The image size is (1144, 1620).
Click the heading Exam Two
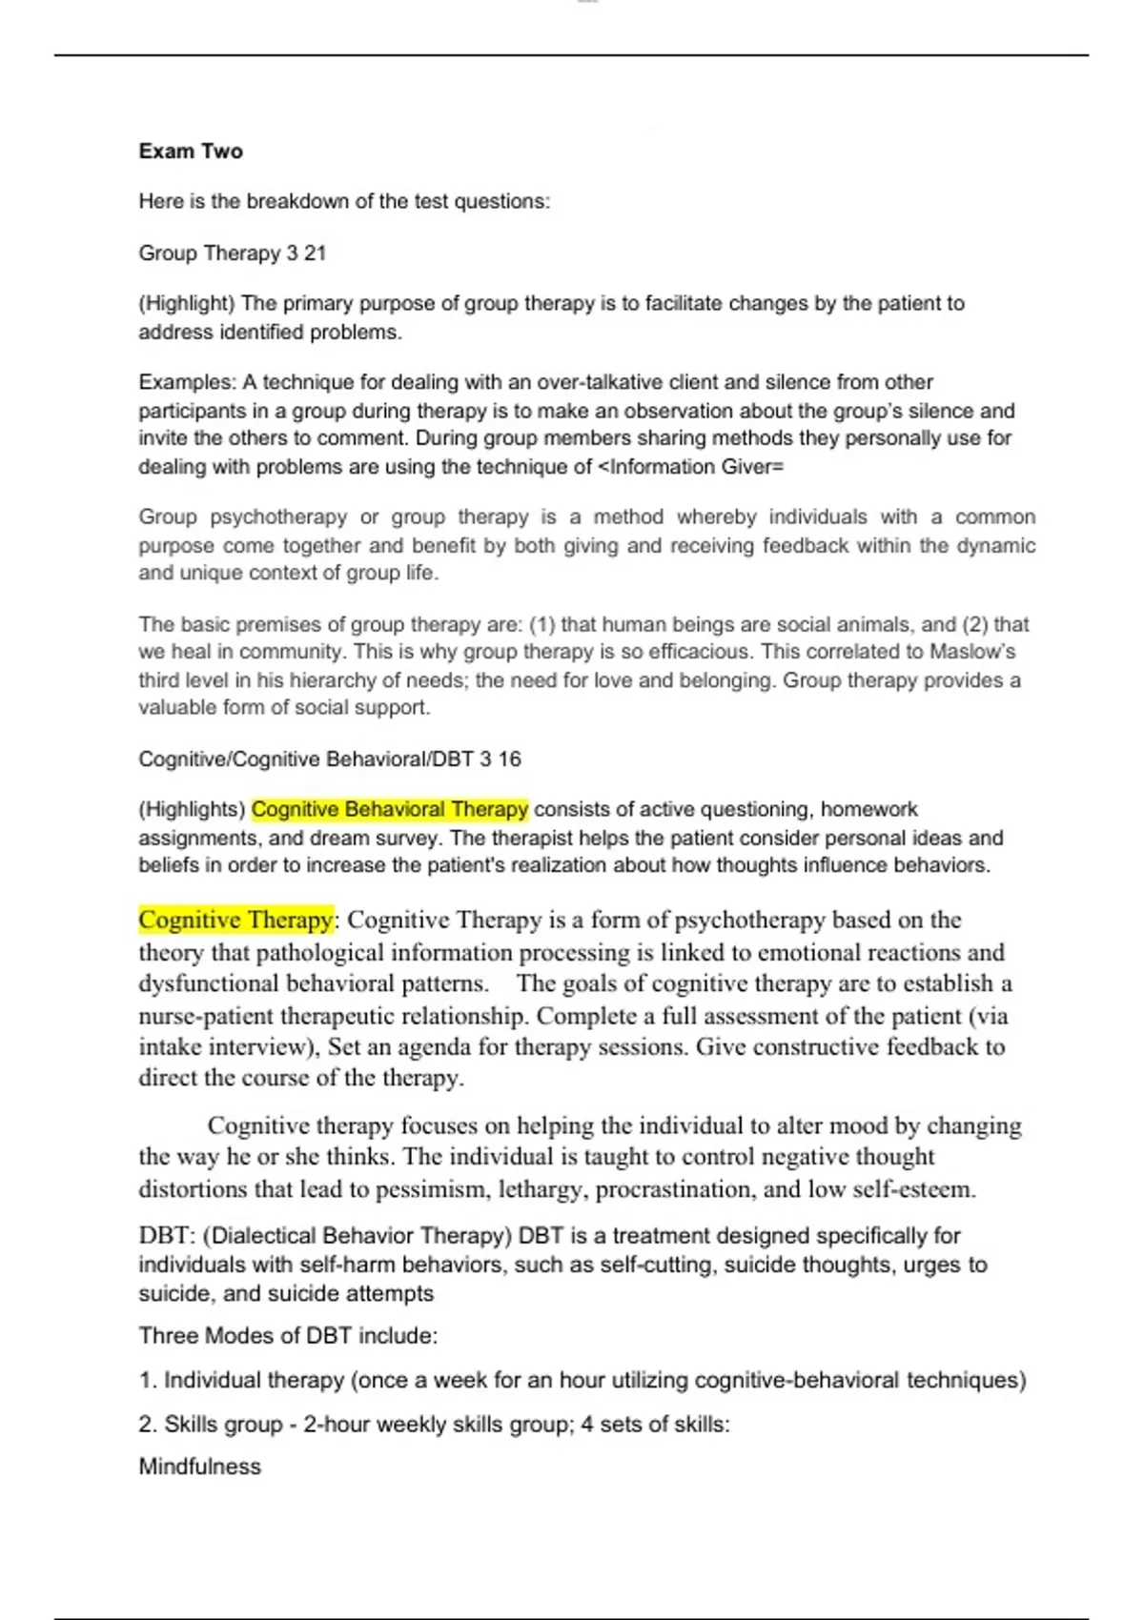[x=191, y=152]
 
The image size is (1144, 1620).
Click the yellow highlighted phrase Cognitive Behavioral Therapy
[x=389, y=809]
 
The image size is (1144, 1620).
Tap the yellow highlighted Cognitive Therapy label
[x=235, y=920]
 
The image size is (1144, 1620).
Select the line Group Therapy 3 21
[x=233, y=253]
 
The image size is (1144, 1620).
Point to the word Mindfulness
[x=199, y=1467]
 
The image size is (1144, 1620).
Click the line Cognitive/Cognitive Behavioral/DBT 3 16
[x=330, y=759]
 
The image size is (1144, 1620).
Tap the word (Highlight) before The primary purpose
[x=187, y=304]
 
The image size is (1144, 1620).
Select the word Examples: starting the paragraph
[x=187, y=382]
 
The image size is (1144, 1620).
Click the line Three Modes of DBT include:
[x=288, y=1336]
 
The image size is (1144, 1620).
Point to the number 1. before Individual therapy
[x=148, y=1381]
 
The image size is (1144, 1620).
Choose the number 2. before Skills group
[x=148, y=1425]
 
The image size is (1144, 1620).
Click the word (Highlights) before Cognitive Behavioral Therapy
[x=192, y=810]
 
